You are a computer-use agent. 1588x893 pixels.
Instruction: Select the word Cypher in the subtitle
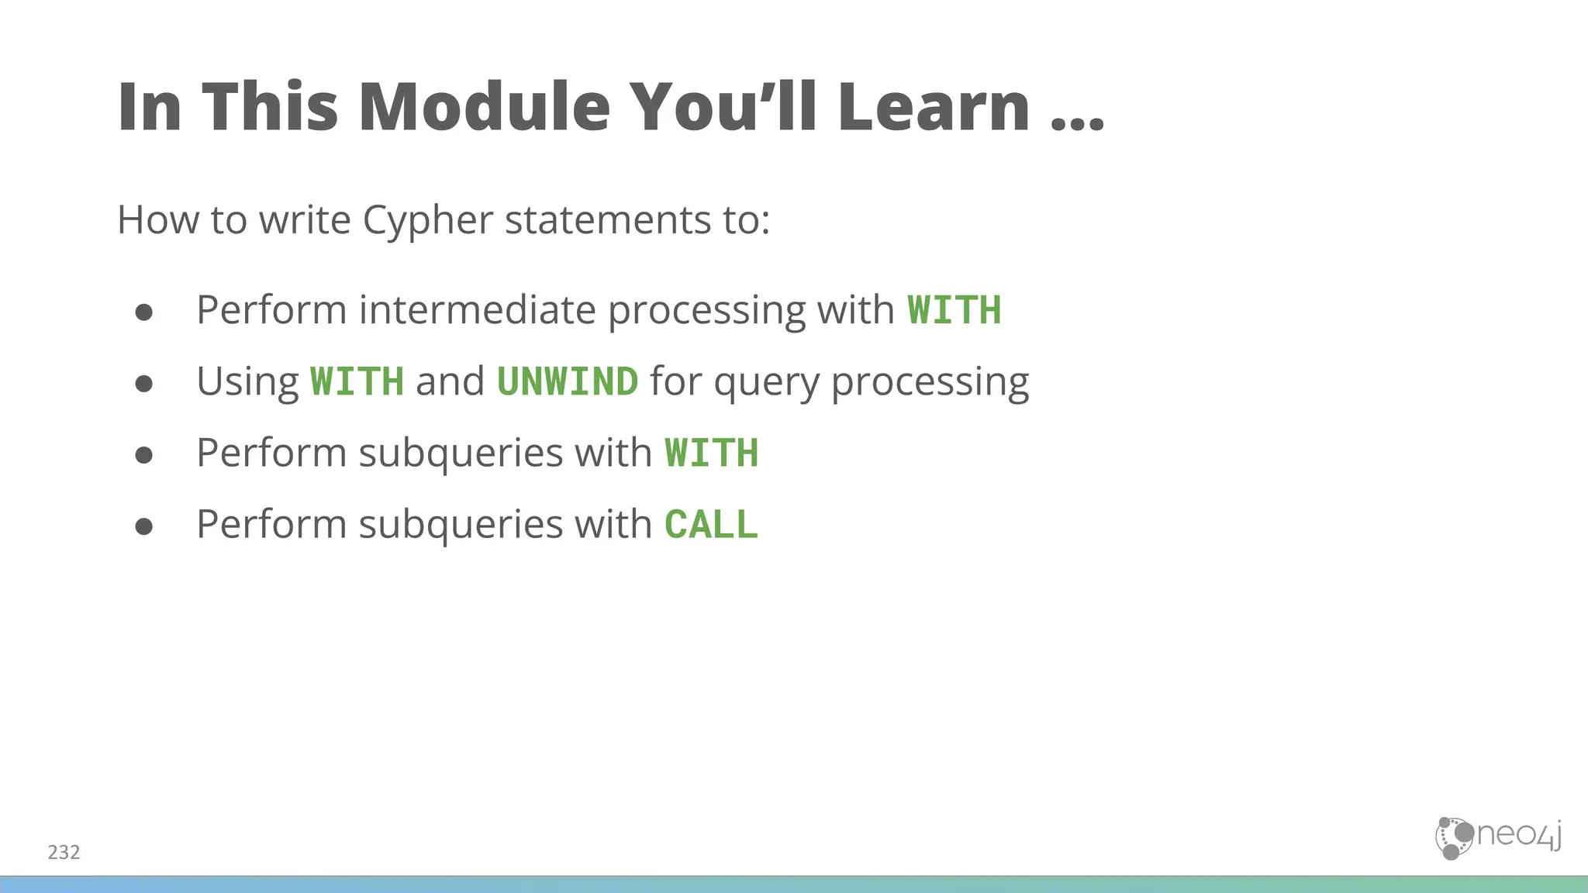click(x=427, y=221)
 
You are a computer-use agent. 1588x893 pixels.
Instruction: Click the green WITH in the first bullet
click(x=954, y=311)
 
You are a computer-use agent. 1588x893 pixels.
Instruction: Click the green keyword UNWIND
click(x=567, y=382)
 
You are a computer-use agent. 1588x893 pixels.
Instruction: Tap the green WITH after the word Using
click(x=357, y=382)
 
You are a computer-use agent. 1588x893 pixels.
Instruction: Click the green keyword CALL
click(x=711, y=525)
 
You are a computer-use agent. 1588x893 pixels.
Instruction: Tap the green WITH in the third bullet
click(x=711, y=453)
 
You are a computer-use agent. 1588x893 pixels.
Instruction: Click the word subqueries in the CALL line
click(x=461, y=526)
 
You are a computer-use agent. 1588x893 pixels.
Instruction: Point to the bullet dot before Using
click(x=143, y=384)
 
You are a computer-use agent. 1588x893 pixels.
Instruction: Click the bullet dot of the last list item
click(x=143, y=527)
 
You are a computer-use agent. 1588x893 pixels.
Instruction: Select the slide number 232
click(x=64, y=853)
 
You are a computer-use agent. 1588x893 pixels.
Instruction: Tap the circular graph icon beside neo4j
click(x=1453, y=838)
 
